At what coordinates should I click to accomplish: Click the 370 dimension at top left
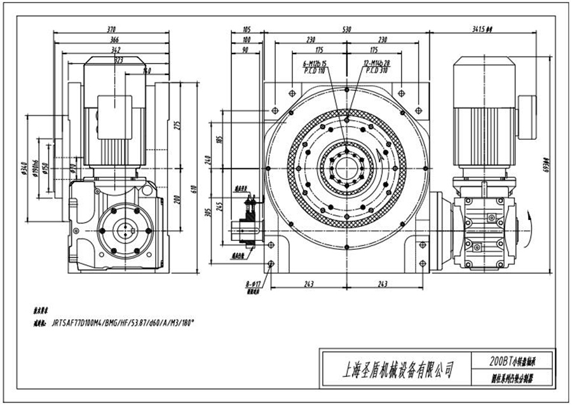point(112,29)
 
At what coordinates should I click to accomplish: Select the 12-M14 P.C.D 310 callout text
point(376,68)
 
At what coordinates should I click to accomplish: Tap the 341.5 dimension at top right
point(483,29)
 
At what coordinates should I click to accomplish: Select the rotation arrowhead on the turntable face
point(380,154)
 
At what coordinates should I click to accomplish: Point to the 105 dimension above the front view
point(247,29)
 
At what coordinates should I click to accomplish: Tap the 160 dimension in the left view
point(147,70)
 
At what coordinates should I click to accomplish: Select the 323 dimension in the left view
point(119,59)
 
